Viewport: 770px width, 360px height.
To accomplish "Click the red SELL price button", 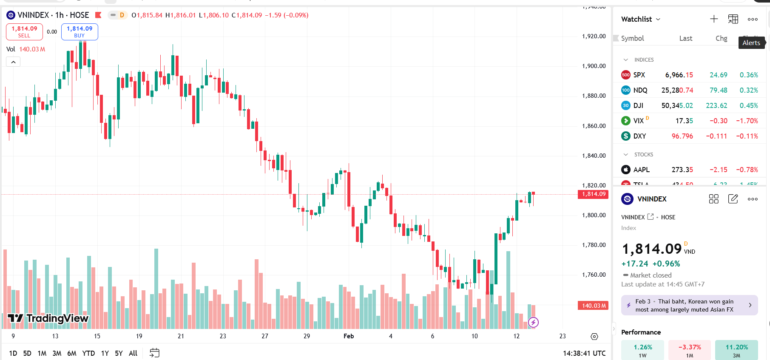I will (24, 32).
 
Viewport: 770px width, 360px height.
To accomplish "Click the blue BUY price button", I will (80, 32).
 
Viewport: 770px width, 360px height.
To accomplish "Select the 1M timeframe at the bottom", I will (42, 353).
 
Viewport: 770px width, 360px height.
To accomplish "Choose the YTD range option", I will (88, 353).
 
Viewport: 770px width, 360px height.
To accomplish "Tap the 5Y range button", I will (119, 353).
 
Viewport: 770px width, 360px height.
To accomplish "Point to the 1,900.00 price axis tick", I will (594, 66).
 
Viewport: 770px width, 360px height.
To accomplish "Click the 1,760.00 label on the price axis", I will (594, 275).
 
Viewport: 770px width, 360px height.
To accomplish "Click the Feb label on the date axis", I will (349, 336).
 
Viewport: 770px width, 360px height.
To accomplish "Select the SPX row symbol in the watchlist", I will (639, 75).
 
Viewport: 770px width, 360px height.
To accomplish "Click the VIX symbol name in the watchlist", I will (638, 121).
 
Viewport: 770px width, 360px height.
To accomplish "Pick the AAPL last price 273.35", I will (682, 170).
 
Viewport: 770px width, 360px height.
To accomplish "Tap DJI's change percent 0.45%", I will (749, 105).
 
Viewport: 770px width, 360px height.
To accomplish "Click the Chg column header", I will (721, 38).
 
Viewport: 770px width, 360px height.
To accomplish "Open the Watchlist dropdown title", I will (640, 19).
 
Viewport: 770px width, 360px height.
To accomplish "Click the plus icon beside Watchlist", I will (714, 19).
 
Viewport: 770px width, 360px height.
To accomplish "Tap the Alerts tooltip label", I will (751, 43).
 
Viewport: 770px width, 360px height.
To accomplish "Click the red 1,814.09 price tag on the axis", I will (594, 194).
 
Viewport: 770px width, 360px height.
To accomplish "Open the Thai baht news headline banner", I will (689, 305).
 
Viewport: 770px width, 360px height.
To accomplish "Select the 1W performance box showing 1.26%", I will (642, 350).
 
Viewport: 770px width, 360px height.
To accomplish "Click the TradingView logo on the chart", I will (48, 318).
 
